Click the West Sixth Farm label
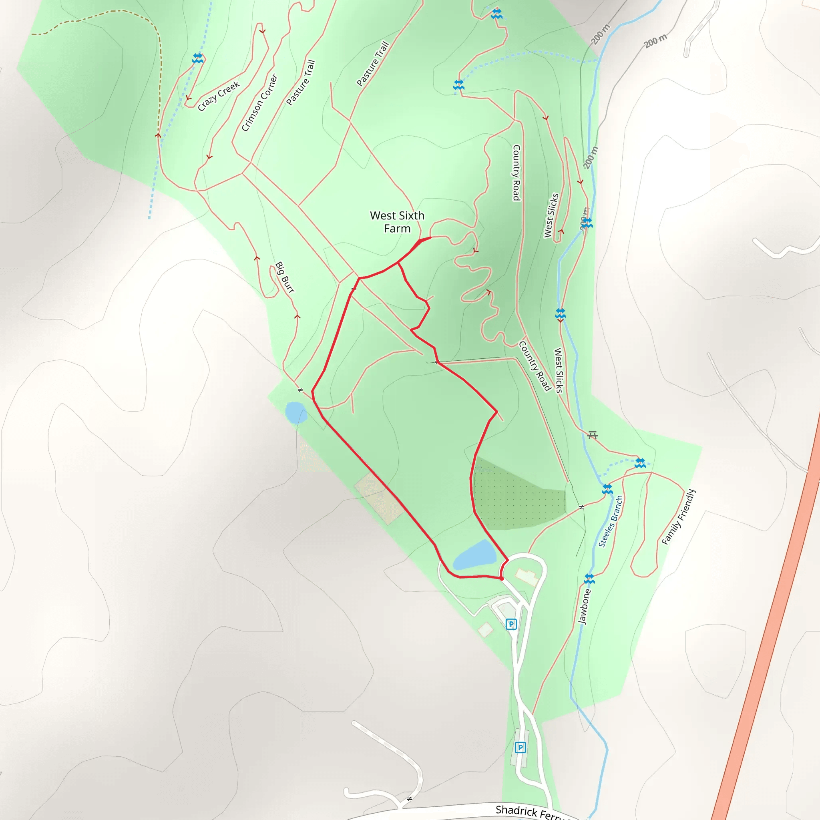pyautogui.click(x=397, y=222)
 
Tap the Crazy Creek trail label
pyautogui.click(x=219, y=96)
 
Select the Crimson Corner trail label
pyautogui.click(x=259, y=103)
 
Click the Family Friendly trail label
pyautogui.click(x=679, y=517)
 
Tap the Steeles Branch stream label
pyautogui.click(x=610, y=521)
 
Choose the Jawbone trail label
pyautogui.click(x=585, y=606)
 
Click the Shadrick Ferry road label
pyautogui.click(x=531, y=812)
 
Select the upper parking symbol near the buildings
pyautogui.click(x=511, y=624)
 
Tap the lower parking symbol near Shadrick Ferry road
pyautogui.click(x=521, y=748)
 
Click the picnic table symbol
pyautogui.click(x=593, y=435)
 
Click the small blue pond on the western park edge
pyautogui.click(x=295, y=412)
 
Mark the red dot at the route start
pyautogui.click(x=502, y=578)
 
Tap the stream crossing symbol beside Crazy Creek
pyautogui.click(x=198, y=58)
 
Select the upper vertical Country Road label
pyautogui.click(x=516, y=172)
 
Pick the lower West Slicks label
pyautogui.click(x=559, y=370)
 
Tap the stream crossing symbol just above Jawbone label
pyautogui.click(x=589, y=579)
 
